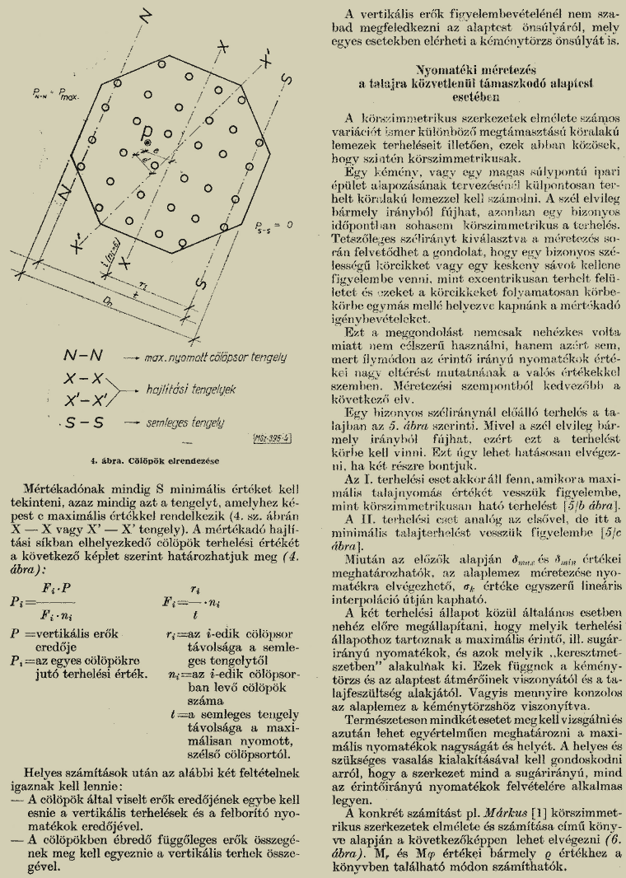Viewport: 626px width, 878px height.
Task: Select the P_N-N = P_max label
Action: [55, 94]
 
